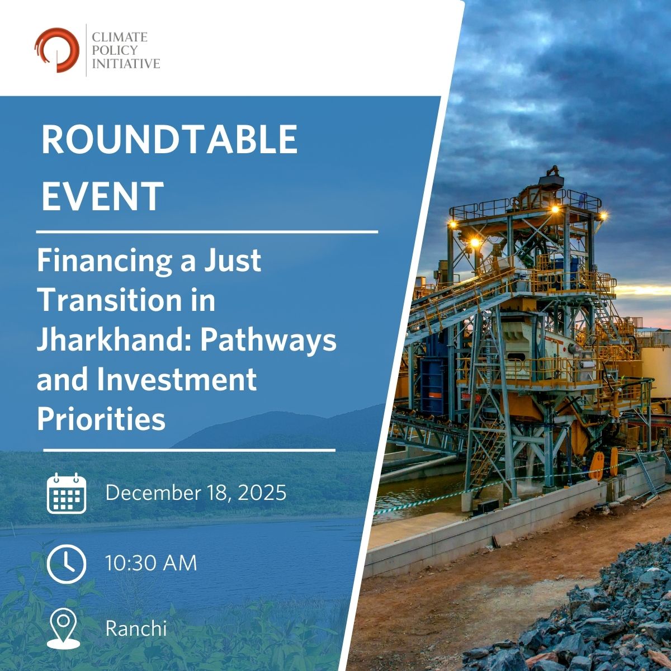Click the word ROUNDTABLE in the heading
point(169,140)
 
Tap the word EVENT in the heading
point(102,196)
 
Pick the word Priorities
point(101,418)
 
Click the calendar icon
point(67,493)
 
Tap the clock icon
point(67,564)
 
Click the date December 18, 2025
point(196,493)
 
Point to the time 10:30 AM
point(151,563)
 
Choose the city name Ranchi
point(136,629)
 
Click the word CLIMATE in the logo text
point(120,37)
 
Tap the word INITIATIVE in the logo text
point(126,64)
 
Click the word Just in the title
point(235,261)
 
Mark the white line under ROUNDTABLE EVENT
point(207,230)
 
